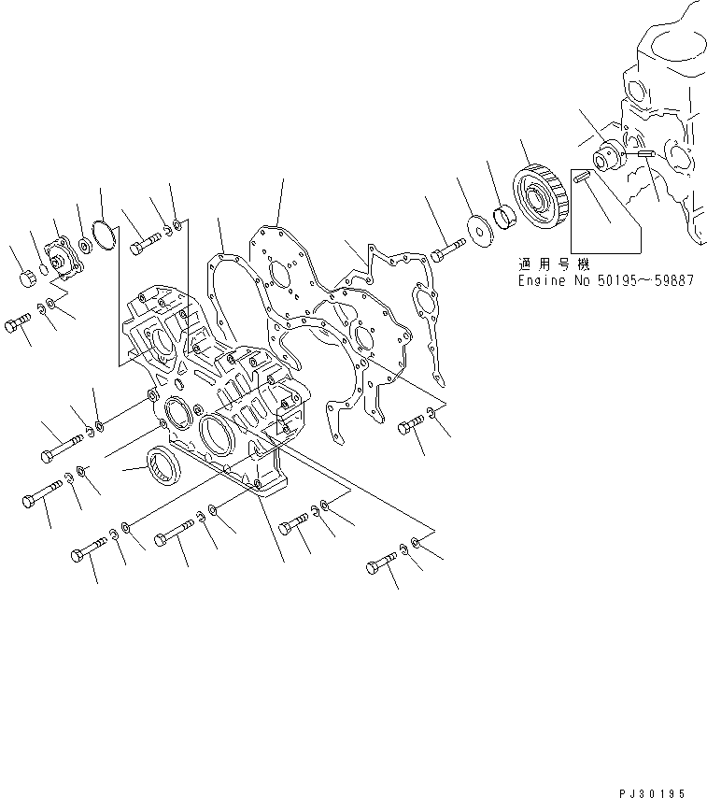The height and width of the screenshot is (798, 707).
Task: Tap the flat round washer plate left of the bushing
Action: coord(479,231)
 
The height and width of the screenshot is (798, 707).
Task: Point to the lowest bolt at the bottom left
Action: coord(85,557)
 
